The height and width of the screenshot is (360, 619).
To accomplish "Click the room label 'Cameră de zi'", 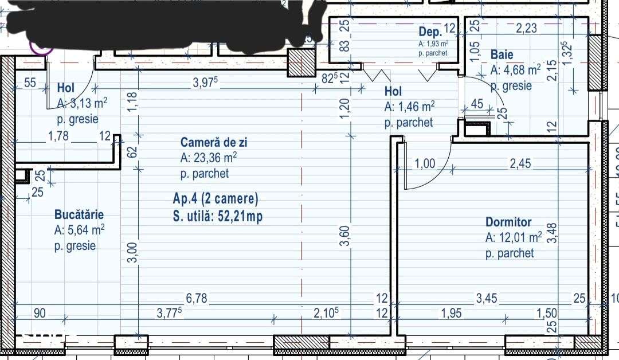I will point(214,142).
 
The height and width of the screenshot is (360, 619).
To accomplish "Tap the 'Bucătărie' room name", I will point(79,214).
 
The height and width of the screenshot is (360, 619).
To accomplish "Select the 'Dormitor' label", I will point(508,222).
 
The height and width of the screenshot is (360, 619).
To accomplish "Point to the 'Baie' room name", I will point(502,55).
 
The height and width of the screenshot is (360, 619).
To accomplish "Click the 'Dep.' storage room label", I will point(430,33).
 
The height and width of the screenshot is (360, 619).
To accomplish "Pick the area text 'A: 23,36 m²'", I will point(209,158).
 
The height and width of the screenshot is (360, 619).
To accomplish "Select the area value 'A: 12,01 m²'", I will point(514,237).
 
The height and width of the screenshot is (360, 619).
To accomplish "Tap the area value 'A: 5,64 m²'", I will point(79,230).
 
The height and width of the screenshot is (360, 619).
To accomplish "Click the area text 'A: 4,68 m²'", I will point(515,71).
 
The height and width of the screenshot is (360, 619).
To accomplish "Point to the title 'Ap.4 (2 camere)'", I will point(216,199).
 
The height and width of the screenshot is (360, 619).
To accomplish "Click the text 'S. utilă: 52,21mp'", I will point(218,216).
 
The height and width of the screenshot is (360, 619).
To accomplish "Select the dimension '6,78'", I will point(197,299).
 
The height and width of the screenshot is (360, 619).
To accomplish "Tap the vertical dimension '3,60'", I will point(344,236).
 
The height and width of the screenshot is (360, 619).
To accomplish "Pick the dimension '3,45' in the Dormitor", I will point(487,299).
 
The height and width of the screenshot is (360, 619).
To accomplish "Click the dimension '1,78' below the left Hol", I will point(58,136).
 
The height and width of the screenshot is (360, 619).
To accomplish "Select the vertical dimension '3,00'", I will point(132,252).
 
